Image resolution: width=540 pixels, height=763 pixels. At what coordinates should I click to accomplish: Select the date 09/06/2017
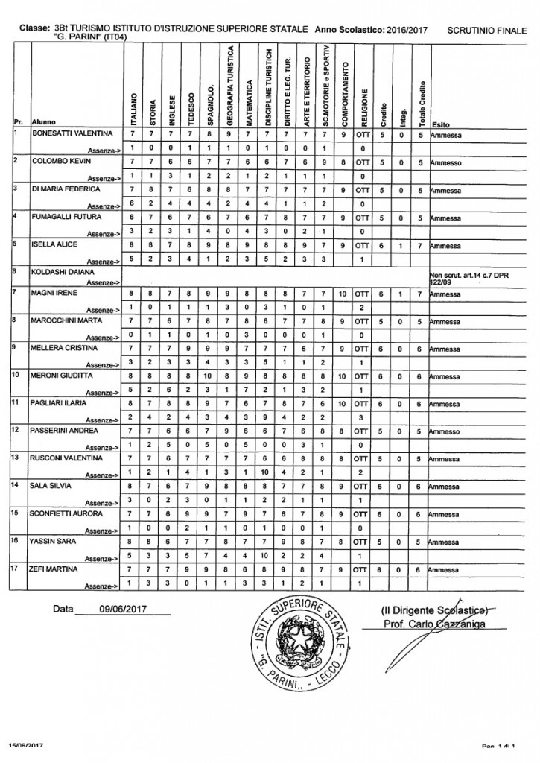pos(122,608)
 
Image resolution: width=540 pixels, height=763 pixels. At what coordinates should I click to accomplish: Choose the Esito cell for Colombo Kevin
pos(446,162)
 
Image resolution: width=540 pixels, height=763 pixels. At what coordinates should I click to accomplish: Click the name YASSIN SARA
pos(54,540)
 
